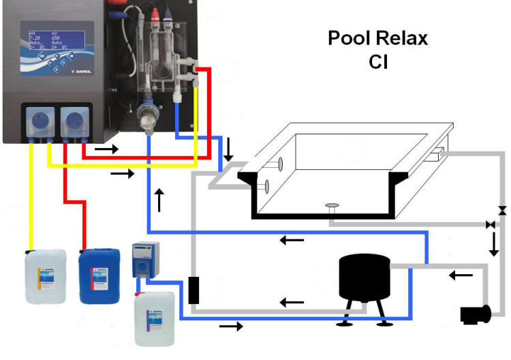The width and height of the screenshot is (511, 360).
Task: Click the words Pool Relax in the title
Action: tap(378, 38)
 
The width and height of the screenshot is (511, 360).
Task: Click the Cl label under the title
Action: tap(378, 62)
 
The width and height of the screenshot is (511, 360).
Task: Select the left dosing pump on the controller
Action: tap(37, 121)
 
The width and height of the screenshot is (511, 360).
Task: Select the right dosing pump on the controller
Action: tap(74, 121)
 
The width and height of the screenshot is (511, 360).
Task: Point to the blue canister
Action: tap(99, 275)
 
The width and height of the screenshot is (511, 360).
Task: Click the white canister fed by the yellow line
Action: tap(46, 275)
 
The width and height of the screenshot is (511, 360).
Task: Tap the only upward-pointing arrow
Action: tap(160, 200)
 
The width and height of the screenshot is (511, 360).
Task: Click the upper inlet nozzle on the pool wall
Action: tap(279, 163)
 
